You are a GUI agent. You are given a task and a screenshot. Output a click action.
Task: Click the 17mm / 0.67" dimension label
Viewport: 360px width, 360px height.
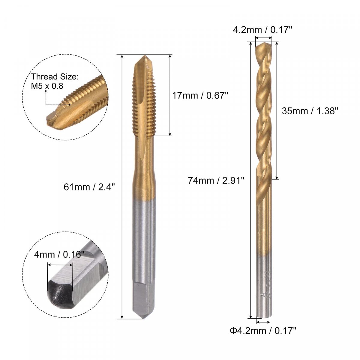(x=200, y=96)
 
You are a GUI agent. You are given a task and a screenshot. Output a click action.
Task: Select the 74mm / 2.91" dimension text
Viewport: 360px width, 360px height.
(x=216, y=181)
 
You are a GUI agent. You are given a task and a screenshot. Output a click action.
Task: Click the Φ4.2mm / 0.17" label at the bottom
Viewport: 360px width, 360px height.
(x=263, y=331)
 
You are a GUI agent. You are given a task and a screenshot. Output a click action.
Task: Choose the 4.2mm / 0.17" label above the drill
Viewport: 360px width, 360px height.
(x=262, y=30)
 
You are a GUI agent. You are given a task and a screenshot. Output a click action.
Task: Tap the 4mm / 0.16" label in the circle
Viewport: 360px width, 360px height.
(x=59, y=254)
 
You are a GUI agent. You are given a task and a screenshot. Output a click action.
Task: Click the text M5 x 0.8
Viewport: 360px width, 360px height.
(x=47, y=86)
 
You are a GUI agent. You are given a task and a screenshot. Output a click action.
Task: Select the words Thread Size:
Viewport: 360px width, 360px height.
(x=55, y=76)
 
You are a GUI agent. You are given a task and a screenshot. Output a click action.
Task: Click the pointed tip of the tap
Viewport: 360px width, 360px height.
(x=144, y=56)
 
